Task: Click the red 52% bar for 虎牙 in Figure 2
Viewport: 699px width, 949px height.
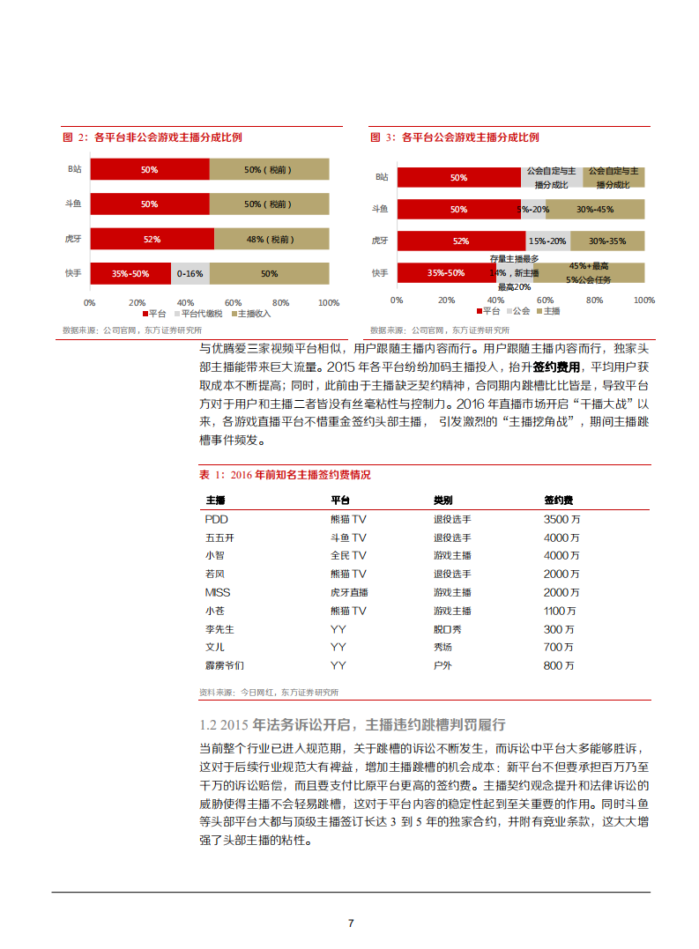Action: [152, 239]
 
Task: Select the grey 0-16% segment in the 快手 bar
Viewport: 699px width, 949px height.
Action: [190, 273]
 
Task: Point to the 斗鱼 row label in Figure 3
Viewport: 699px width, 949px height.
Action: [380, 210]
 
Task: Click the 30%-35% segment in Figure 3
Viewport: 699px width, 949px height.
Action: [606, 241]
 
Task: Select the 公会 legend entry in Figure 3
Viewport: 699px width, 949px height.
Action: [517, 311]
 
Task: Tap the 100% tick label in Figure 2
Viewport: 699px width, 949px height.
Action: [328, 302]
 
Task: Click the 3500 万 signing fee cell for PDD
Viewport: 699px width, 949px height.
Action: [561, 519]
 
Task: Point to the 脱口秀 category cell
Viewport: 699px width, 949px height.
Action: [448, 629]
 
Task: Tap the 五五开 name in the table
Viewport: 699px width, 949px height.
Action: [219, 538]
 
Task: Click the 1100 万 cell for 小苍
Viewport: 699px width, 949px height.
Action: [560, 611]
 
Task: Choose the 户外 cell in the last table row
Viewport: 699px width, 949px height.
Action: [442, 666]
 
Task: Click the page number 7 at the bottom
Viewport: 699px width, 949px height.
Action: [351, 923]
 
